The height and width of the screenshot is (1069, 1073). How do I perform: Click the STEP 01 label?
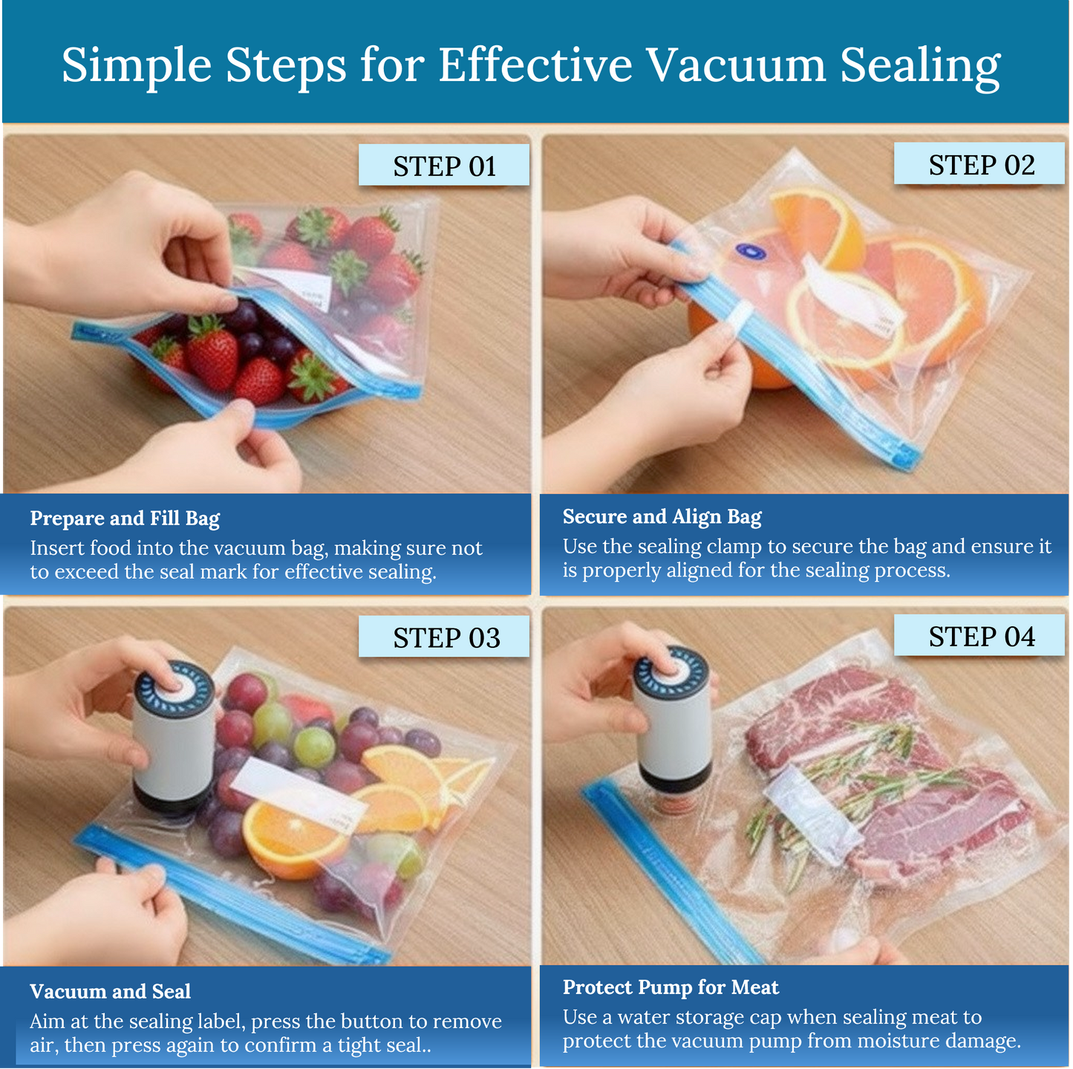[x=444, y=166]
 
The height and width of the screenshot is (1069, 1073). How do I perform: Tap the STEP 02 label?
[x=980, y=164]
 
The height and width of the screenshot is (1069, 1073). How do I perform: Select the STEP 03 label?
[x=446, y=637]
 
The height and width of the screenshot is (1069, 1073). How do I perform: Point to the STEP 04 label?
[x=980, y=636]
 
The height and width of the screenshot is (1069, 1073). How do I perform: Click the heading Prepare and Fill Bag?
[x=125, y=518]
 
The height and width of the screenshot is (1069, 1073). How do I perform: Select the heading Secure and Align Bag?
[x=662, y=516]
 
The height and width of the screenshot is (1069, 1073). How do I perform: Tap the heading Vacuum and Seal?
[x=110, y=991]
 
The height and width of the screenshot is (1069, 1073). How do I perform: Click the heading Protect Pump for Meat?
[x=671, y=987]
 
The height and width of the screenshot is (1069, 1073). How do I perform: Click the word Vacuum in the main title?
[x=736, y=65]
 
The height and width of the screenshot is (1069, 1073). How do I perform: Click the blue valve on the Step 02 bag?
[x=751, y=252]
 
